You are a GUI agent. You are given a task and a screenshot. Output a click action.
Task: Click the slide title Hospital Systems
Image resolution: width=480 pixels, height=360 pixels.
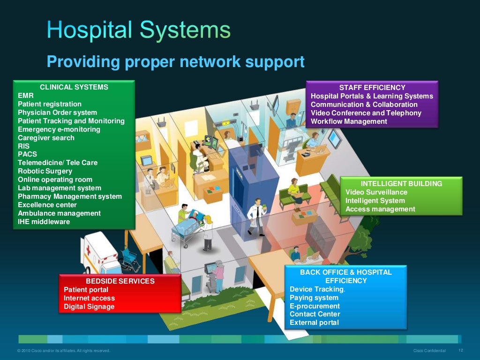138,30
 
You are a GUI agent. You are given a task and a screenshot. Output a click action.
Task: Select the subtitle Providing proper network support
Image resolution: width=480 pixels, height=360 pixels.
175,61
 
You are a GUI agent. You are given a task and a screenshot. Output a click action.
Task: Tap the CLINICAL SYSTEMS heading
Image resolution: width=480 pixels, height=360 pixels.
74,87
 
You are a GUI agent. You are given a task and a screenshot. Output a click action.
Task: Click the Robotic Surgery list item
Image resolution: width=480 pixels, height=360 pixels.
45,171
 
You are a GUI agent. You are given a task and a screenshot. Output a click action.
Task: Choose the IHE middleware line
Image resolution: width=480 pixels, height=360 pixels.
44,222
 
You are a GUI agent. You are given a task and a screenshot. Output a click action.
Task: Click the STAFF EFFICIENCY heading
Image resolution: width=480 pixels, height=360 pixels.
372,88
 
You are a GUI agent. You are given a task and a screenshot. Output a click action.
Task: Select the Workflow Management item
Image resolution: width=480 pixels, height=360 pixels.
349,121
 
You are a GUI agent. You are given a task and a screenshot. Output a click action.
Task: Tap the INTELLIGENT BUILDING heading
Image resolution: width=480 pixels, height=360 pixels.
401,184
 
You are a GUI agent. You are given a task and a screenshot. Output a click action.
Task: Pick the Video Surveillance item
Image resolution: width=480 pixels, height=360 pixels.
376,192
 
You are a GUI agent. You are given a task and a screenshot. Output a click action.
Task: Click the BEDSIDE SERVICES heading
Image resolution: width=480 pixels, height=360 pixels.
120,281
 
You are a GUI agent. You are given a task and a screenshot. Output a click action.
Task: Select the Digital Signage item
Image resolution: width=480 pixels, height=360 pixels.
89,307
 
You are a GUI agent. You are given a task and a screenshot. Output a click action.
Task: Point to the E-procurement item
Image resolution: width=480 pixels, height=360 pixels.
315,306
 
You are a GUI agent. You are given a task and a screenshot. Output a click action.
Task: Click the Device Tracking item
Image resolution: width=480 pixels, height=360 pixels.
317,289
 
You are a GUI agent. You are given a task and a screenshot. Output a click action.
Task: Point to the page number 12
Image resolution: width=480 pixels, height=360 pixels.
460,351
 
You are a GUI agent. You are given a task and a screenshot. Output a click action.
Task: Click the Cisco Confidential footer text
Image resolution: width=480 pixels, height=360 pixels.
429,351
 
